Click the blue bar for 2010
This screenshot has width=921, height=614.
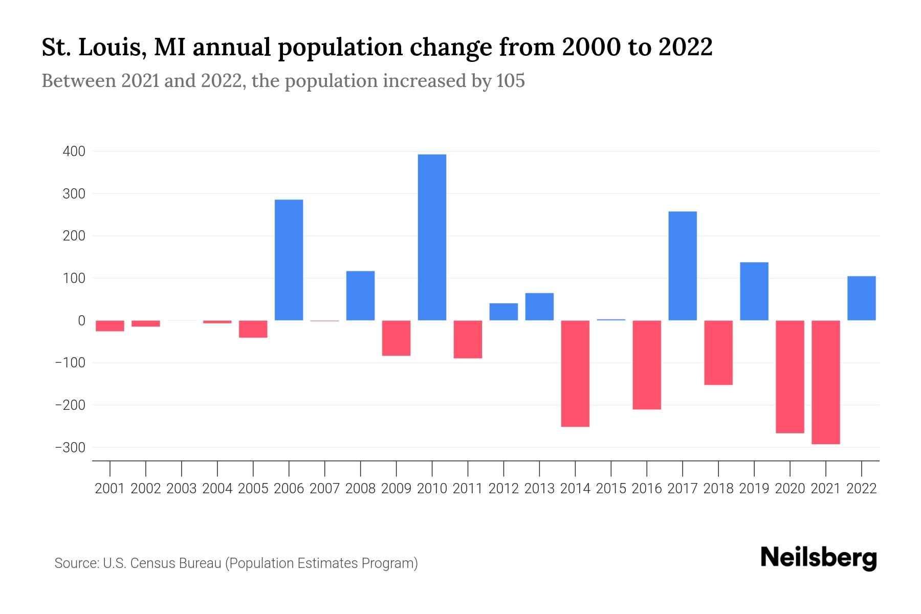432,237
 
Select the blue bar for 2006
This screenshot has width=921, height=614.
289,260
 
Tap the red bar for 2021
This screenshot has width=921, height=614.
825,382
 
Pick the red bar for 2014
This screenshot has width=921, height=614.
575,374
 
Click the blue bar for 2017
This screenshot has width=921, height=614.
682,266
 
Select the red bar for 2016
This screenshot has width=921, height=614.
647,365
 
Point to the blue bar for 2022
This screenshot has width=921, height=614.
861,298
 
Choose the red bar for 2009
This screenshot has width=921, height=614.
396,338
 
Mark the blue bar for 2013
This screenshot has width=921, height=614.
539,307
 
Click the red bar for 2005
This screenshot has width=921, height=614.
253,329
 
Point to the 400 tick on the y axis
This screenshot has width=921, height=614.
74,151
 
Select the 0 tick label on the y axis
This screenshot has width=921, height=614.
81,321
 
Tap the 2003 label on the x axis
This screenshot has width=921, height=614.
182,489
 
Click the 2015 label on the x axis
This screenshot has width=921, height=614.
611,489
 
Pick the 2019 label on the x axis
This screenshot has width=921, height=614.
754,489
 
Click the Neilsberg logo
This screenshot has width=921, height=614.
819,558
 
